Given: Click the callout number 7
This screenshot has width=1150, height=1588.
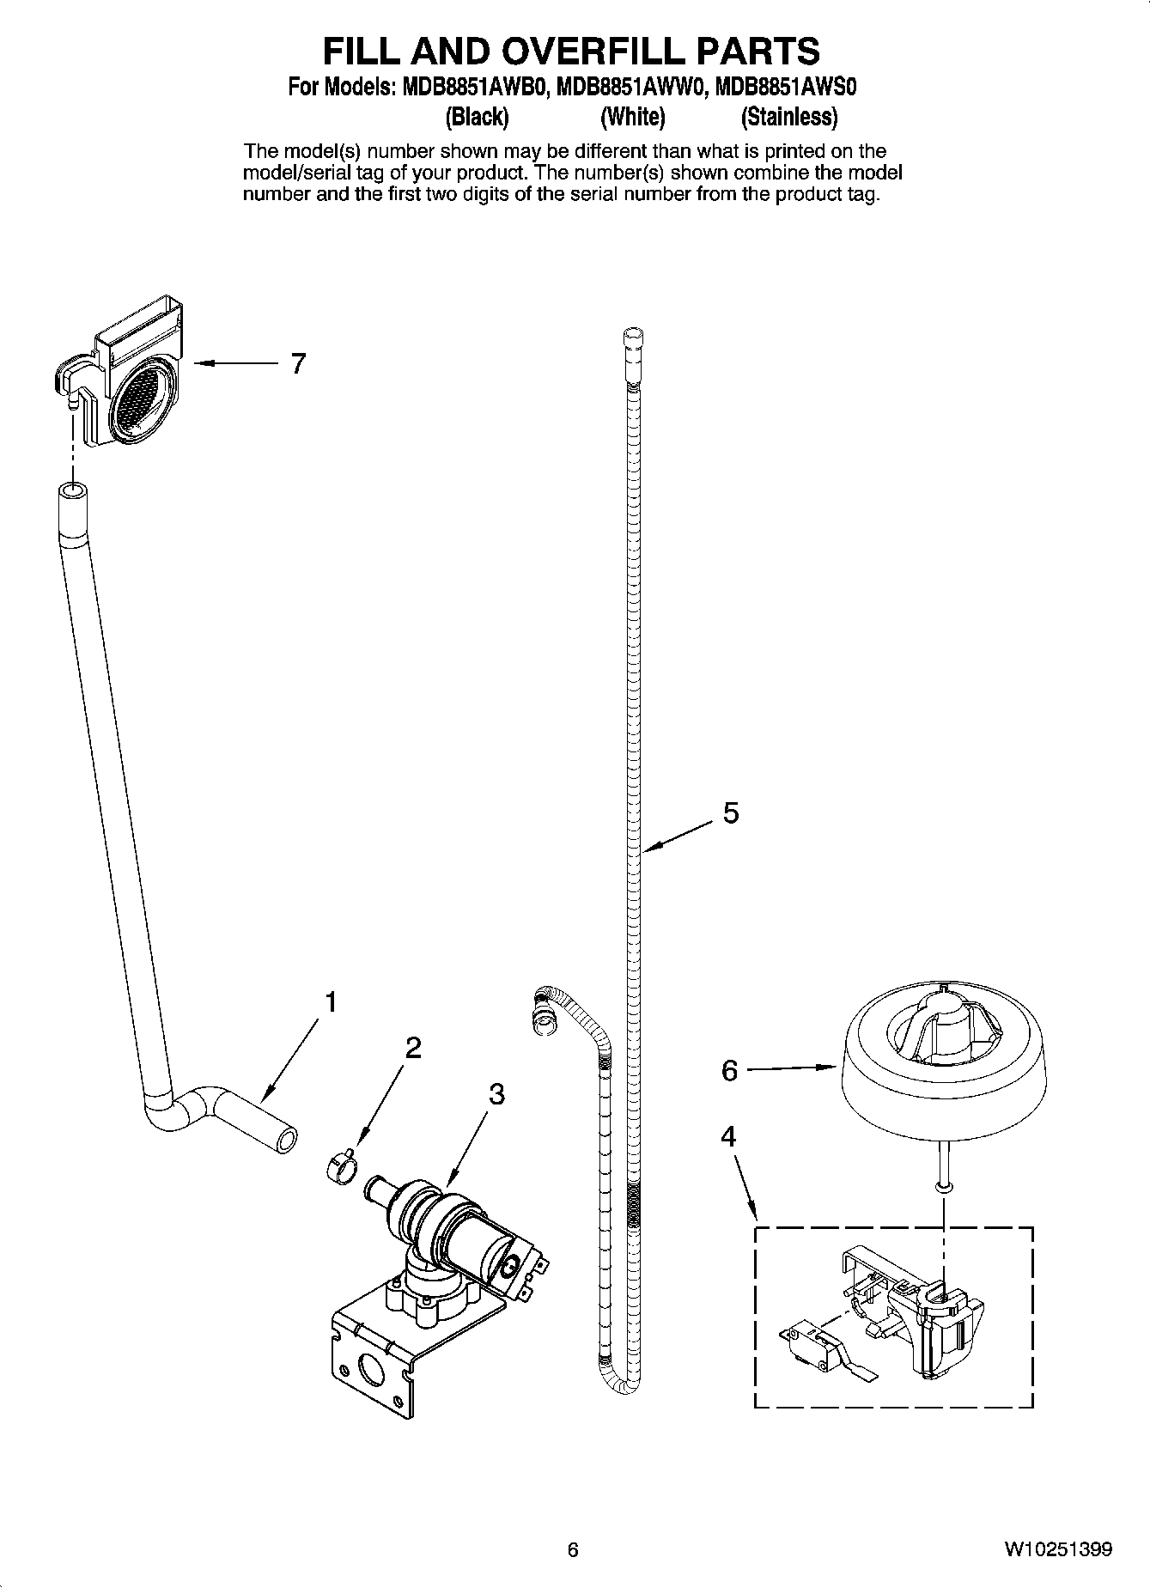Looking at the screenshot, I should tap(298, 364).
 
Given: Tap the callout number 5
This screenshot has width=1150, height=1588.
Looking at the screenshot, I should tap(731, 812).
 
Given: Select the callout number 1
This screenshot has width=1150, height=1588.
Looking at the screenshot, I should tap(330, 1002).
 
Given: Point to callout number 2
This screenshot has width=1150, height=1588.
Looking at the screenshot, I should tap(413, 1048).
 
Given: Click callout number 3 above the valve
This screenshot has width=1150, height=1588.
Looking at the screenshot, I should tap(496, 1094).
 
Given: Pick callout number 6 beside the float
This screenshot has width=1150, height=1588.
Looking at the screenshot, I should tap(729, 1071).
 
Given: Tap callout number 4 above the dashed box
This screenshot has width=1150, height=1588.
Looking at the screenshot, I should tap(728, 1138).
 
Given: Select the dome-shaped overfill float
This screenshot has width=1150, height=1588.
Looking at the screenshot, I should tap(942, 1061).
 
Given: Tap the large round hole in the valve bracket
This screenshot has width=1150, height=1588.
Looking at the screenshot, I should tap(372, 1371).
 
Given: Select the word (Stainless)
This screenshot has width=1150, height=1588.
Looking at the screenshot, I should tap(788, 116).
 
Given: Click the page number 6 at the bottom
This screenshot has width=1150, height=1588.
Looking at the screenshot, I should tap(574, 1550).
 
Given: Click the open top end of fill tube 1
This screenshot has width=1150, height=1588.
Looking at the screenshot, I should tap(72, 492).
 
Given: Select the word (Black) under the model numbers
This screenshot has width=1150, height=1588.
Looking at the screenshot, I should tap(477, 116).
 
